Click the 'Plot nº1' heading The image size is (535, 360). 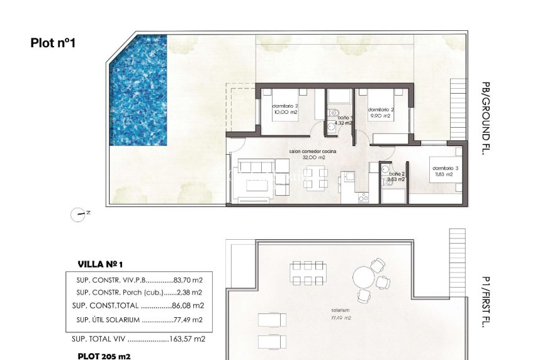(x=53, y=43)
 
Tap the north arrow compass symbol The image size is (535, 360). (x=80, y=215)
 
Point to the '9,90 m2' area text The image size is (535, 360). (x=381, y=116)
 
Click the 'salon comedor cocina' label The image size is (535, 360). (x=313, y=152)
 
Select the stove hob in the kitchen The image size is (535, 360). (x=363, y=198)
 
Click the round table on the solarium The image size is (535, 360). (x=363, y=277)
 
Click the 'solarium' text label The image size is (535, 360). (x=341, y=311)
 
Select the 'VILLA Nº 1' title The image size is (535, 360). (x=103, y=264)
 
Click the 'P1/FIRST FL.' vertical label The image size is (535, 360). (x=485, y=303)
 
